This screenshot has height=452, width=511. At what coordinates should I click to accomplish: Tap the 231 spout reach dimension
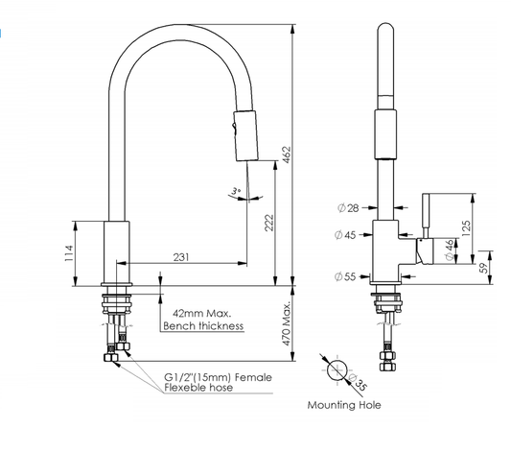click(x=181, y=256)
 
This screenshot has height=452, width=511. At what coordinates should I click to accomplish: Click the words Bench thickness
click(x=202, y=326)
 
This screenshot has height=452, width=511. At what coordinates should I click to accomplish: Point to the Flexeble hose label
click(x=197, y=391)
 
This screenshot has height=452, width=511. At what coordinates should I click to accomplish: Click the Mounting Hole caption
click(x=343, y=405)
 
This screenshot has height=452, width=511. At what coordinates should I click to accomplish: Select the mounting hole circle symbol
click(x=337, y=370)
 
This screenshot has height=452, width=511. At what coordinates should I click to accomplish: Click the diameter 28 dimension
click(x=346, y=208)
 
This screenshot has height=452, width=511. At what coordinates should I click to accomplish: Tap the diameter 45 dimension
click(x=346, y=234)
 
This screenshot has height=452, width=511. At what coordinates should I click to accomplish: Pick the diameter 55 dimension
click(x=346, y=276)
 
